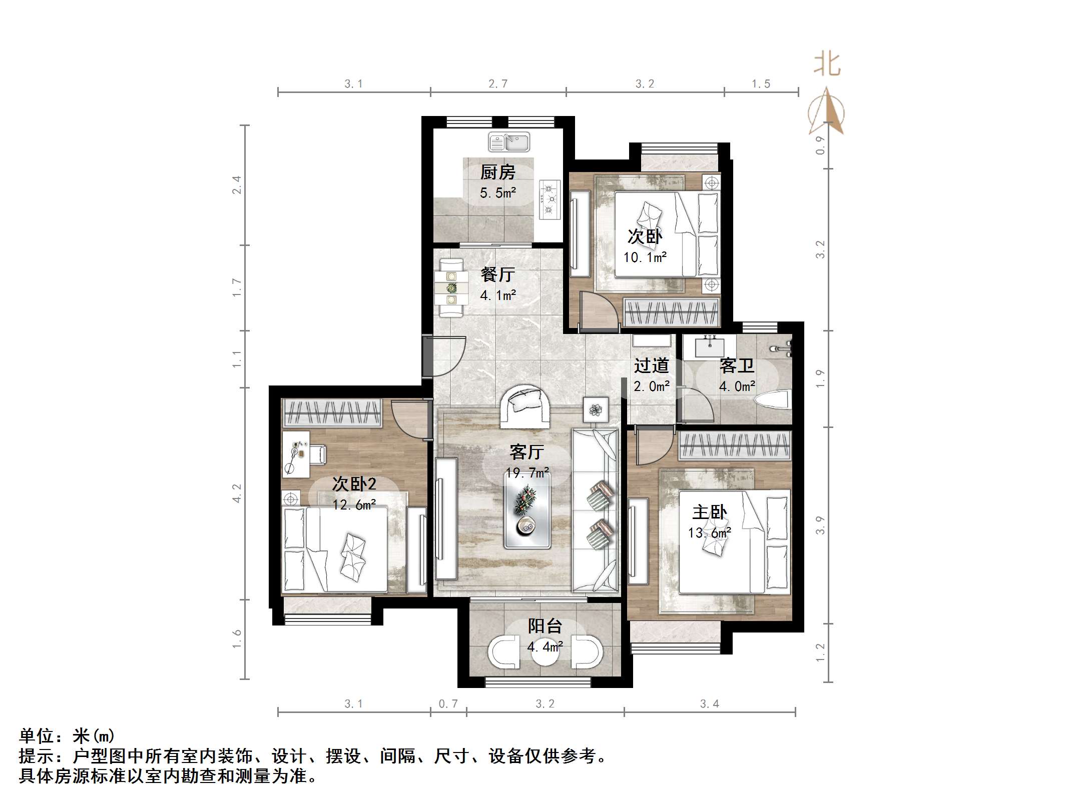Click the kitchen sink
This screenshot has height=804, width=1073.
point(509,142)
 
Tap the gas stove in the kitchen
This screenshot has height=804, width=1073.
point(550,200)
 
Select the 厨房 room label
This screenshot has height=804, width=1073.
point(497,172)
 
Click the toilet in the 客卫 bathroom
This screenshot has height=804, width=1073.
point(772,402)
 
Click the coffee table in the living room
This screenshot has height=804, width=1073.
point(527,510)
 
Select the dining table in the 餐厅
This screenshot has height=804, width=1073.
point(451,288)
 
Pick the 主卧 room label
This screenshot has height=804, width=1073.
point(710,512)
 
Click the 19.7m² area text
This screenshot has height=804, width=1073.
point(527,472)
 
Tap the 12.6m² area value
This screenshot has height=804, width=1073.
point(354,504)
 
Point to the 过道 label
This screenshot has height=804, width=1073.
point(651,365)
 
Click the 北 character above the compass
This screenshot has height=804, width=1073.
point(827,65)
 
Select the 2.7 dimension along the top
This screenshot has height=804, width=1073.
point(498,84)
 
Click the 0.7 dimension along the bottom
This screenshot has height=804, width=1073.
point(448,704)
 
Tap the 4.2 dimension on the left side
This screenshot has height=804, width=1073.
point(237,493)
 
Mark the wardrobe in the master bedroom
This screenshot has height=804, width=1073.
point(735,445)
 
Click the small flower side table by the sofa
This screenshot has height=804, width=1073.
point(596,410)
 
